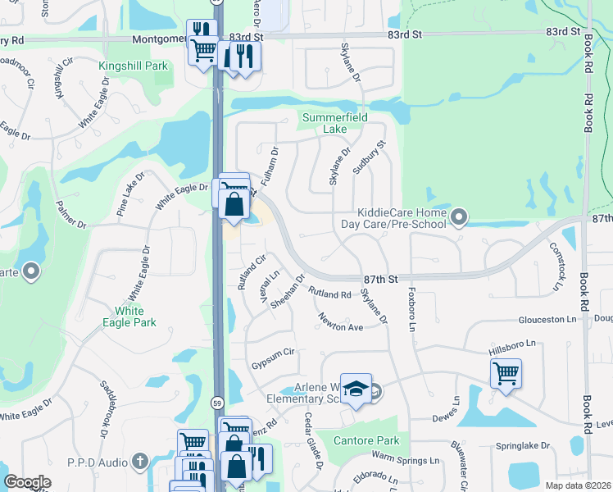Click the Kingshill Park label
133,66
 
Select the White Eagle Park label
135,317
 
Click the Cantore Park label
367,440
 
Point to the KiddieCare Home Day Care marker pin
459,218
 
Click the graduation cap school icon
356,389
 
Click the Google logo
28,482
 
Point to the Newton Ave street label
341,321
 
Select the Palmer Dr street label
70,214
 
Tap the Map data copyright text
578,485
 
